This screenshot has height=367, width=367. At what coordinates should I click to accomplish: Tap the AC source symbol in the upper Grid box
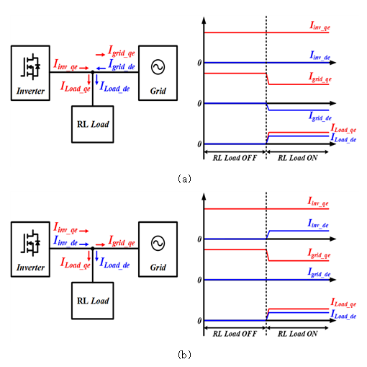click(158, 67)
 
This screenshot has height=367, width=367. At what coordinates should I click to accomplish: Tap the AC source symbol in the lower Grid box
click(158, 243)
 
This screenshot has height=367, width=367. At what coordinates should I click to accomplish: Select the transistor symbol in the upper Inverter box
click(30, 66)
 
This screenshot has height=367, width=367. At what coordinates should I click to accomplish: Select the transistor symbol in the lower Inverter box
click(30, 243)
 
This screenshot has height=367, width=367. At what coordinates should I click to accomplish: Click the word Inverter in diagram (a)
click(30, 91)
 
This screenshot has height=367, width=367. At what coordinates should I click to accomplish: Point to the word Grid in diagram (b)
click(158, 267)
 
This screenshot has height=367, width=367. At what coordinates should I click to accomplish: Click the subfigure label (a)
click(184, 179)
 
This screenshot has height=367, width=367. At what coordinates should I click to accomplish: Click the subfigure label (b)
click(184, 355)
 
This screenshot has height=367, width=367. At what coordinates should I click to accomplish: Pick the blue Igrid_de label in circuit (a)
click(122, 65)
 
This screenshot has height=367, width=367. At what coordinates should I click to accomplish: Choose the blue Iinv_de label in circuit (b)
click(65, 241)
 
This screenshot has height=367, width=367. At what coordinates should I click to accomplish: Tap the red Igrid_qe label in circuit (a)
click(122, 51)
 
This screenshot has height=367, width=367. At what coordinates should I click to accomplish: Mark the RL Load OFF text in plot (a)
click(235, 158)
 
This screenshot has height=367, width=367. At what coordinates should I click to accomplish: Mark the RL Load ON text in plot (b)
click(297, 334)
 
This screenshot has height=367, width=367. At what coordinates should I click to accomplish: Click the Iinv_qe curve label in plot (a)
click(320, 26)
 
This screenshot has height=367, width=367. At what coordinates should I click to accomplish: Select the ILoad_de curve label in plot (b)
click(343, 314)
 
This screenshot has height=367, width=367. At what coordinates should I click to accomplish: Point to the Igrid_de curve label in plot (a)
click(320, 117)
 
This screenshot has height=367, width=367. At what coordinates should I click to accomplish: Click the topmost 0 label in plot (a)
click(199, 63)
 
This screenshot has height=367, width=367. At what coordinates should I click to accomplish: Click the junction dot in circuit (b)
click(93, 248)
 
